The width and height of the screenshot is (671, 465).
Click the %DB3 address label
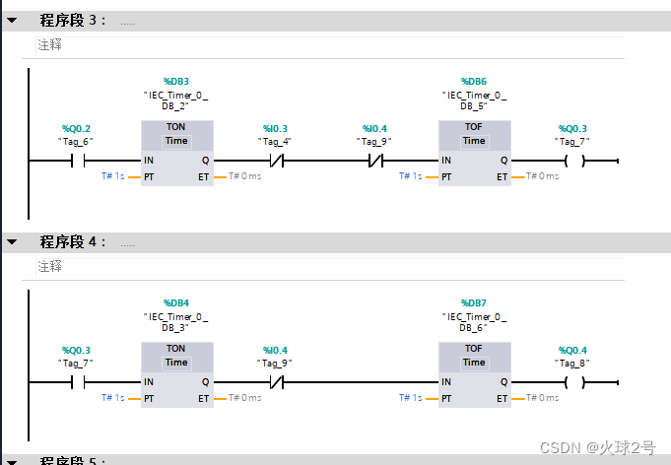[x=175, y=81]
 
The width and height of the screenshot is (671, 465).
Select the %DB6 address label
[x=474, y=81]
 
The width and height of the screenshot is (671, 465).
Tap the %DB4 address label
[x=175, y=302]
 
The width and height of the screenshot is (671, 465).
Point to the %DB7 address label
[x=474, y=302]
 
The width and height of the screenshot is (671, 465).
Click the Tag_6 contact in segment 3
[x=76, y=161]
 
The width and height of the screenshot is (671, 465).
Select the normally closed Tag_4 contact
[x=275, y=161]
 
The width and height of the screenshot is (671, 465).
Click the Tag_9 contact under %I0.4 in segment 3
[x=374, y=161]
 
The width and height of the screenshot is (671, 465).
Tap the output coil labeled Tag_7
[x=572, y=161]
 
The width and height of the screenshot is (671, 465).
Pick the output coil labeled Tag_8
[x=572, y=382]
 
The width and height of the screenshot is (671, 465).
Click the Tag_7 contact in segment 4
[x=76, y=382]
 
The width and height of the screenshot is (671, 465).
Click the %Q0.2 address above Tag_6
[x=76, y=129]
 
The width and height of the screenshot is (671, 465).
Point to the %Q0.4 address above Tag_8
[x=572, y=351]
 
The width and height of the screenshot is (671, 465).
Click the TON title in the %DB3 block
[x=175, y=127]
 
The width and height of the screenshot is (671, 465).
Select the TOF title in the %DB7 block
[x=474, y=349]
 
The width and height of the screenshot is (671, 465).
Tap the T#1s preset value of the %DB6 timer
[x=410, y=176]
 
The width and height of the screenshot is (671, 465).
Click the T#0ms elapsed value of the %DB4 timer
[x=245, y=398]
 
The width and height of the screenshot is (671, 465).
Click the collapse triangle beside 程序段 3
[x=11, y=20]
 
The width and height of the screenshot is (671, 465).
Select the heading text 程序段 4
[x=72, y=241]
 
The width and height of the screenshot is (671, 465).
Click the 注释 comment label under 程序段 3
[x=49, y=45]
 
